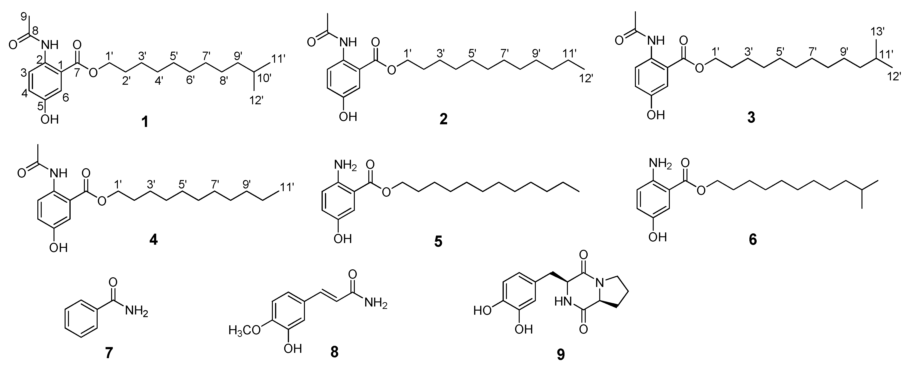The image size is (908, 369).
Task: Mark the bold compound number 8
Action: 334,352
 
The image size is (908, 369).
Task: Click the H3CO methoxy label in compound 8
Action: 244,330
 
